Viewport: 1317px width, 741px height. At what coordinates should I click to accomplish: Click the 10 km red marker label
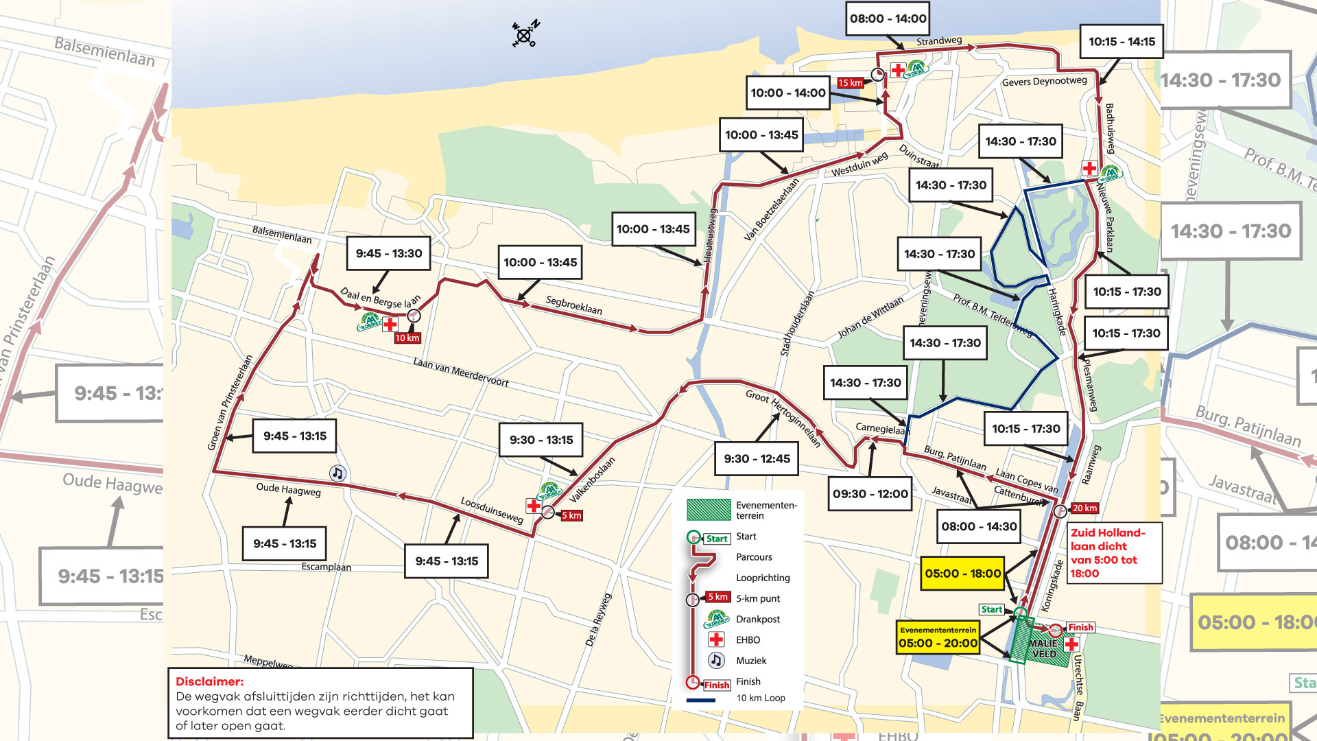coord(407,338)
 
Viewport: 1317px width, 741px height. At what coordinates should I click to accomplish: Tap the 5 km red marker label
coord(571,515)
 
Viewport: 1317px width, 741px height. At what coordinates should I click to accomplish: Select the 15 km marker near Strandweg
coord(851,83)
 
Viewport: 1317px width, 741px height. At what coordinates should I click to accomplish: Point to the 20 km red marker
coord(1085,508)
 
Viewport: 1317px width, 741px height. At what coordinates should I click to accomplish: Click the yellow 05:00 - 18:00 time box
coord(962,574)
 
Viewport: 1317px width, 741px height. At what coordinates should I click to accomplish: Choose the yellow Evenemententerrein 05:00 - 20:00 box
coord(938,638)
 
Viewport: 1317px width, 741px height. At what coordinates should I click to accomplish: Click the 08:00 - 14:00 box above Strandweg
coord(888,19)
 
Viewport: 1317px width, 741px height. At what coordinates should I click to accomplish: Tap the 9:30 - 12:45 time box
coord(756,458)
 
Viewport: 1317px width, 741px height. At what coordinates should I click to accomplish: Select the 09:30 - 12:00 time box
coord(870,494)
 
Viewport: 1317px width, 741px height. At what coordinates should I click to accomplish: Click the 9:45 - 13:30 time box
coord(389,254)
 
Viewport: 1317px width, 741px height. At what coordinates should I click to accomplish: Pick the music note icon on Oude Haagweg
coord(337,473)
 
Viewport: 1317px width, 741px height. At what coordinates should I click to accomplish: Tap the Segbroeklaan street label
coord(573,305)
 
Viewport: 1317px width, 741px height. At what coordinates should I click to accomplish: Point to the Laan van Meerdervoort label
coord(460,372)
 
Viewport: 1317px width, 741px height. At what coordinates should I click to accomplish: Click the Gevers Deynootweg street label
coord(1044,82)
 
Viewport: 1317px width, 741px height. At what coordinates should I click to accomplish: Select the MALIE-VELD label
coord(1045,648)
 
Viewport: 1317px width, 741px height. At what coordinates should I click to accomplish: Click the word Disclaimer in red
coord(209,681)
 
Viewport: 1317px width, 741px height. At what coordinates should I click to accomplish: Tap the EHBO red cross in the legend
coord(716,639)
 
